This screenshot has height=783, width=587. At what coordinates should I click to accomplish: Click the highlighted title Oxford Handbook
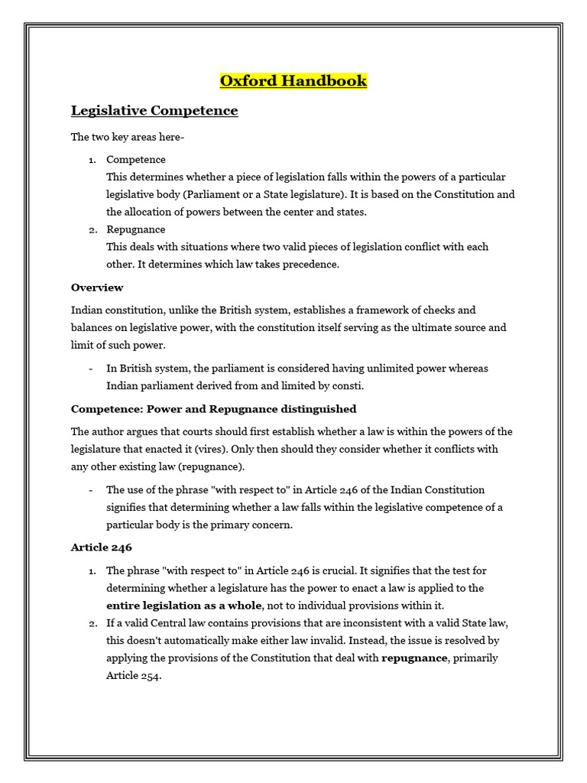coord(293,80)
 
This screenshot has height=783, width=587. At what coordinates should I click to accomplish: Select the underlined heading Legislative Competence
coord(154,111)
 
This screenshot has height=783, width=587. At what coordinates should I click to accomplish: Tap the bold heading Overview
coord(97,288)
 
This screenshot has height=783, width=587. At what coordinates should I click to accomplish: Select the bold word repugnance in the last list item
coord(413,658)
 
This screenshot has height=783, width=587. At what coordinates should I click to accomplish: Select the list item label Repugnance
coord(135,229)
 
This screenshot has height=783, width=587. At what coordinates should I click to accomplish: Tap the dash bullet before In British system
coord(91,368)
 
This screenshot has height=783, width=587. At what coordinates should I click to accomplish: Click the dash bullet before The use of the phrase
coord(91,490)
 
